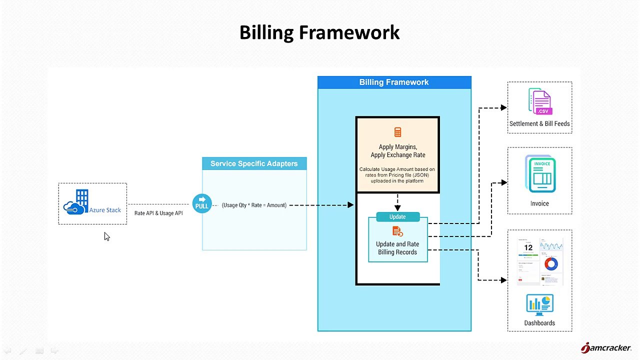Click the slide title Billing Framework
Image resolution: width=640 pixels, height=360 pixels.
pyautogui.click(x=319, y=32)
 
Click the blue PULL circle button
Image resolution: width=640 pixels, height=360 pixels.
pyautogui.click(x=201, y=203)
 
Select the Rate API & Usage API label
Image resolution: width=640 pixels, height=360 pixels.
pyautogui.click(x=158, y=213)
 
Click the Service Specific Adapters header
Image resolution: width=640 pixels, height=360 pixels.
pyautogui.click(x=254, y=163)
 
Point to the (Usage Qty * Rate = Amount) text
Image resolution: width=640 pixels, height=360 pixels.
pyautogui.click(x=254, y=205)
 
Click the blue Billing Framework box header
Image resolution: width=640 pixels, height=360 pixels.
pyautogui.click(x=394, y=82)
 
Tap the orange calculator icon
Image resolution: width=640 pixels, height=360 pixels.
pyautogui.click(x=397, y=132)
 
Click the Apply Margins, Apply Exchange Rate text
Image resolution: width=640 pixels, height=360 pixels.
pyautogui.click(x=397, y=151)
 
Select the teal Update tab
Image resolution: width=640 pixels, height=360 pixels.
pyautogui.click(x=397, y=217)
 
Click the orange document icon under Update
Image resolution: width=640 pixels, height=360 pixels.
pyautogui.click(x=397, y=231)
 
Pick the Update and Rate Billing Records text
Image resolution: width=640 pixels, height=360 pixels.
pyautogui.click(x=397, y=248)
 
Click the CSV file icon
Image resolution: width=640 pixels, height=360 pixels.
pyautogui.click(x=540, y=102)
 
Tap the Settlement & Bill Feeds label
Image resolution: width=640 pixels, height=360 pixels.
pyautogui.click(x=539, y=123)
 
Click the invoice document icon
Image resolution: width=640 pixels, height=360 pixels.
pyautogui.click(x=540, y=174)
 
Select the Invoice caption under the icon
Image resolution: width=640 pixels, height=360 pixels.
pyautogui.click(x=539, y=203)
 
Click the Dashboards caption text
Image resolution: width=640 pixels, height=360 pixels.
pyautogui.click(x=539, y=323)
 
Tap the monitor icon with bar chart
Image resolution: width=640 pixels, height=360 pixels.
pyautogui.click(x=539, y=304)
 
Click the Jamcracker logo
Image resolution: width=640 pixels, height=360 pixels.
pyautogui.click(x=605, y=347)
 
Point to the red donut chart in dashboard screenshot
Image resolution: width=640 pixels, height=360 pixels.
pyautogui.click(x=551, y=264)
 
